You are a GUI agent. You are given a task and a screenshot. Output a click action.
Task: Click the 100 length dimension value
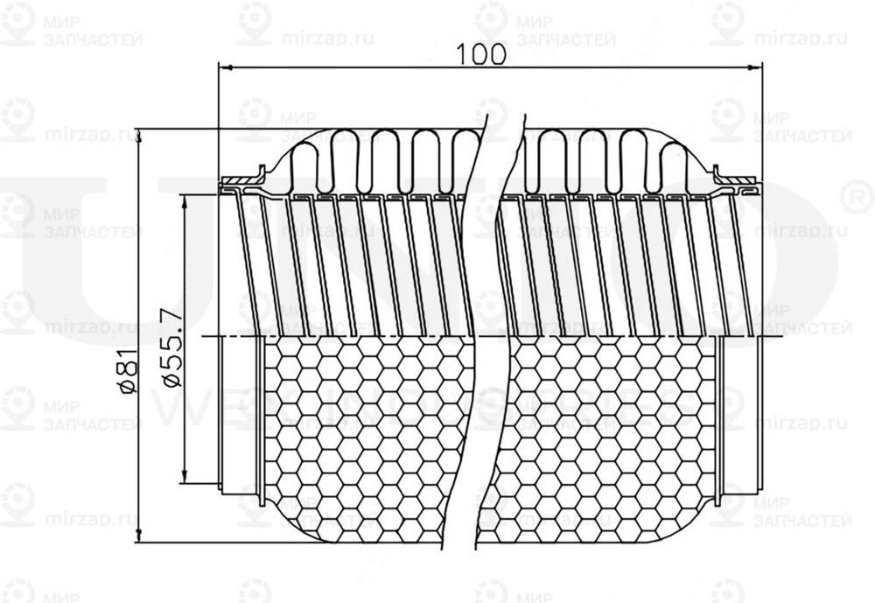(481, 54)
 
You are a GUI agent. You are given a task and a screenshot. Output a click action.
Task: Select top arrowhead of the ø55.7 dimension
(184, 200)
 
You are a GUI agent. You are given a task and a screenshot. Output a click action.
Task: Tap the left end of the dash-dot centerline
(205, 335)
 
